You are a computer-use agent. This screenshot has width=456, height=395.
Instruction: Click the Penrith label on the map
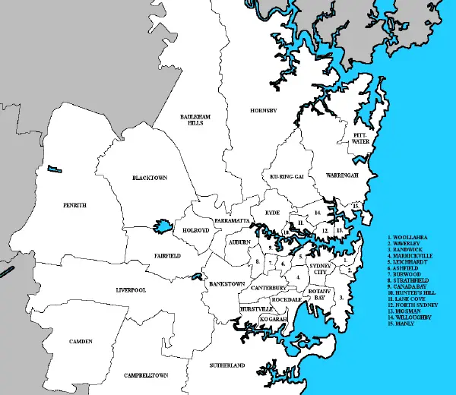[x=74, y=205]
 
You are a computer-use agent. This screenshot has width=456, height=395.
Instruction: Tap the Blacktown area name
[x=149, y=178]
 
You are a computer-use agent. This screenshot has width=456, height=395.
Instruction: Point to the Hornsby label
[x=264, y=111]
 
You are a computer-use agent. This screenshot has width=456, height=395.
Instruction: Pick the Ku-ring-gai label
[x=287, y=176]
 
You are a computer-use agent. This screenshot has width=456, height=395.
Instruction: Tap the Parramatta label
[x=232, y=220]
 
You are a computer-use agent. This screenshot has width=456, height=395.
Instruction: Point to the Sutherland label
[x=227, y=365]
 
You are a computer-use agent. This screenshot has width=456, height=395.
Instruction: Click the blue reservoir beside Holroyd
[x=161, y=226]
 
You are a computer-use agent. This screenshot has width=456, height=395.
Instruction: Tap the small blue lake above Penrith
[x=52, y=169]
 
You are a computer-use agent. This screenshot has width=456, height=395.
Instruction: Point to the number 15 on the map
[x=356, y=206]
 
